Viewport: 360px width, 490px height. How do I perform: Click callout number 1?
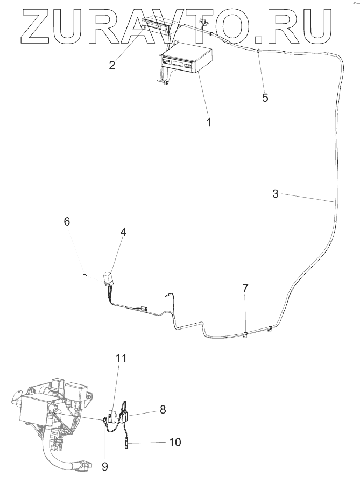tap(209, 122)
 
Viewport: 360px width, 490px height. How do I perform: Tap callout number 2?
tap(112, 65)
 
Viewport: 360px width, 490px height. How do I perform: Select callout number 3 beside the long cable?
tap(275, 194)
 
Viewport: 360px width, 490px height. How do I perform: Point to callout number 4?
tap(123, 233)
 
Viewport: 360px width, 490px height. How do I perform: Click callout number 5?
tap(265, 98)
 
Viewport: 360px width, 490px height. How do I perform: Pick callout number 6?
tap(67, 221)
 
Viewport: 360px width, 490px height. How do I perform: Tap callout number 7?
tap(245, 288)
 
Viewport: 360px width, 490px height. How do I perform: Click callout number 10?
tap(175, 443)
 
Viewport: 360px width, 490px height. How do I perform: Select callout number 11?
tap(121, 358)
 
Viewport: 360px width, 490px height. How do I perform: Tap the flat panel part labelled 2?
tap(156, 24)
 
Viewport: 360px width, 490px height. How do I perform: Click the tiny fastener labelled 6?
tap(85, 275)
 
